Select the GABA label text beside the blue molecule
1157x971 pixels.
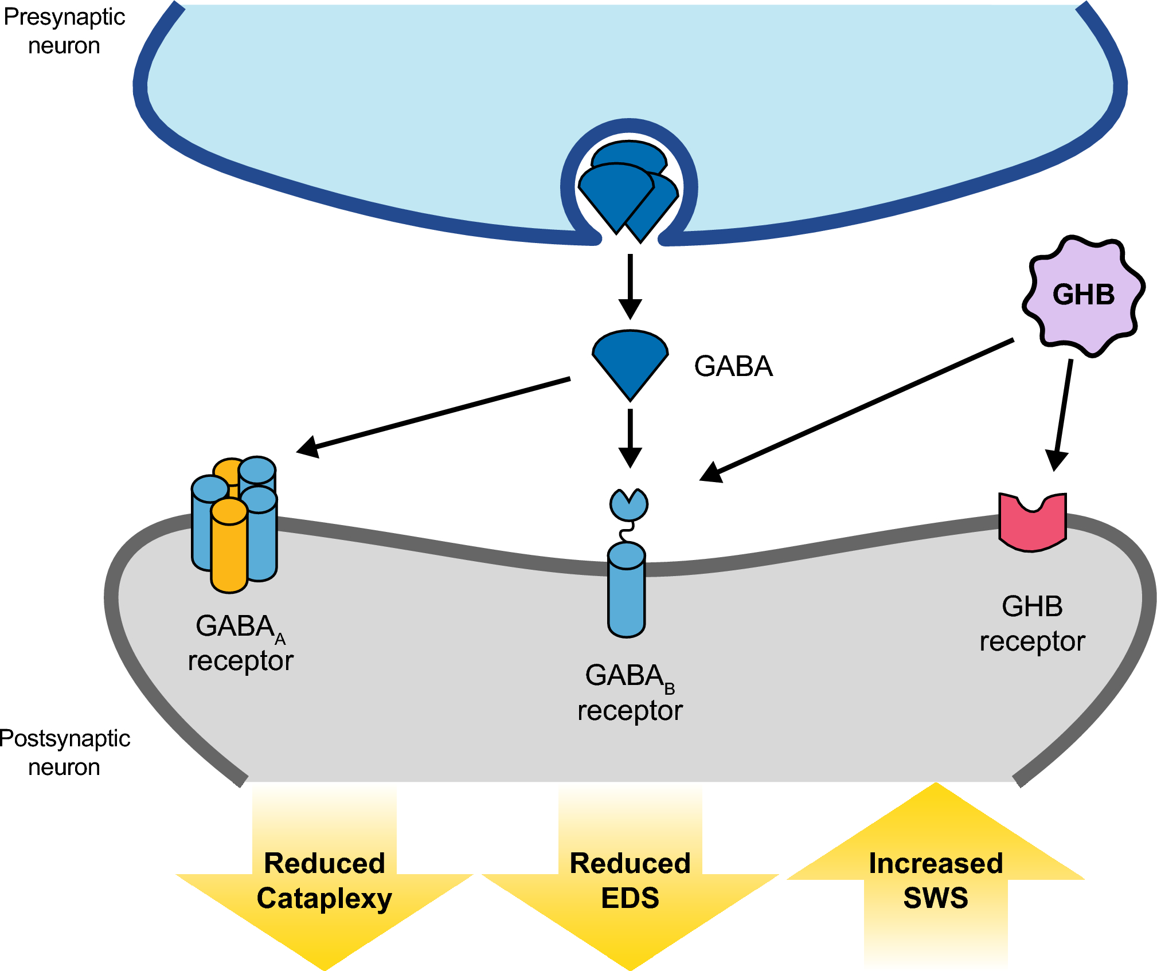pyautogui.click(x=733, y=366)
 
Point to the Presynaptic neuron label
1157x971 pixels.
pyautogui.click(x=64, y=31)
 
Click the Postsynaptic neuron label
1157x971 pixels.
pyautogui.click(x=64, y=753)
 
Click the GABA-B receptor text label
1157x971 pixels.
pyautogui.click(x=630, y=692)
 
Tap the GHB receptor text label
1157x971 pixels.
pyautogui.click(x=1032, y=624)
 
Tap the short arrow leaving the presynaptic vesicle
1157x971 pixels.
pyautogui.click(x=630, y=287)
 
